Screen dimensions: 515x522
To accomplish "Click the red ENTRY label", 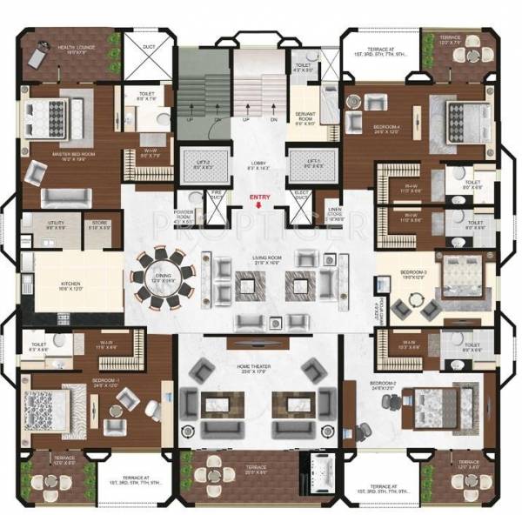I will click(260, 197).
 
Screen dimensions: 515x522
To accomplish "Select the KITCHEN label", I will click(70, 283).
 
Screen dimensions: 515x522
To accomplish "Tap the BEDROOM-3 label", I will click(412, 272).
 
